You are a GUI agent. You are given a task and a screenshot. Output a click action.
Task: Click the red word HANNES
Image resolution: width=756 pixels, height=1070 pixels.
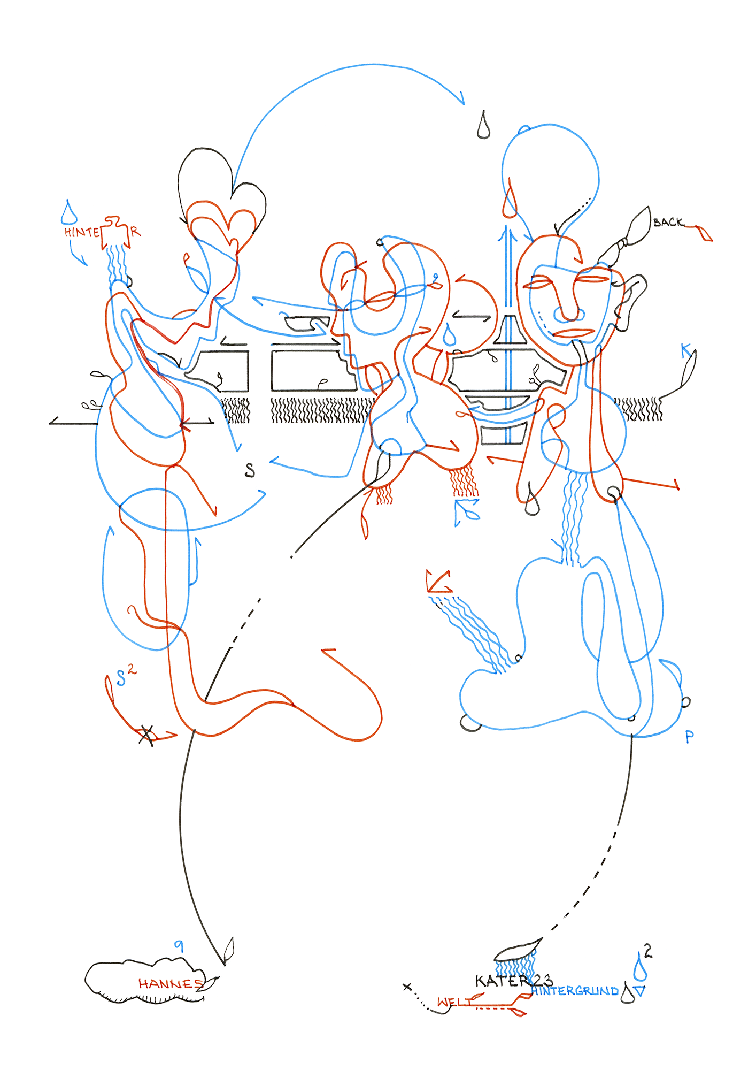point(170,983)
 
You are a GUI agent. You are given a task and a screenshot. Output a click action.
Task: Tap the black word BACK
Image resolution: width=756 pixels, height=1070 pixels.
point(668,222)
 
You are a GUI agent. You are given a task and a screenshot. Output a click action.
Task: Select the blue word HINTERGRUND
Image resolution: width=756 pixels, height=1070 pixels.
point(575,991)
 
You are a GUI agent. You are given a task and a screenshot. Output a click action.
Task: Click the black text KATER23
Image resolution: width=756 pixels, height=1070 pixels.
point(513,981)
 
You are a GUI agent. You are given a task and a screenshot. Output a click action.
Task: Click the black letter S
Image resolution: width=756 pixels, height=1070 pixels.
point(250,470)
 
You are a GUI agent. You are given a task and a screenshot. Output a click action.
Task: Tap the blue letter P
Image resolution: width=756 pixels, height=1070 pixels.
point(689,737)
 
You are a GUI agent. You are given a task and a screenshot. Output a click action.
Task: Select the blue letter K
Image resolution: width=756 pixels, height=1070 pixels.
point(686,351)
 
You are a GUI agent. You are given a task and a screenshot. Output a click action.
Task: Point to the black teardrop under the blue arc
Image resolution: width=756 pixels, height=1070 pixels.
point(483,126)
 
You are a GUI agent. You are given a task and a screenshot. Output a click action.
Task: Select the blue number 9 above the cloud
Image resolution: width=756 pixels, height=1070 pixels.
point(179,945)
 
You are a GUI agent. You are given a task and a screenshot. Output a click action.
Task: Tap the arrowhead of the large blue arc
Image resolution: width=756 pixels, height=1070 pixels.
point(461,100)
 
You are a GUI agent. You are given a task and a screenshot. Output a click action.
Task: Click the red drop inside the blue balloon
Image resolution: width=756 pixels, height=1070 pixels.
point(510,201)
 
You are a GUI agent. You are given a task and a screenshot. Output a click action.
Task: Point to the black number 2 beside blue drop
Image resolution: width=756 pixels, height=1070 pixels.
point(648,951)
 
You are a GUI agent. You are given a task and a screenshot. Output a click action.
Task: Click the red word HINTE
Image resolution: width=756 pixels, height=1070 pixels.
point(82,232)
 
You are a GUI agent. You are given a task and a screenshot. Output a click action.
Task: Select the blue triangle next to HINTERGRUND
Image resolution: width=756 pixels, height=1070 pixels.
point(639,991)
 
